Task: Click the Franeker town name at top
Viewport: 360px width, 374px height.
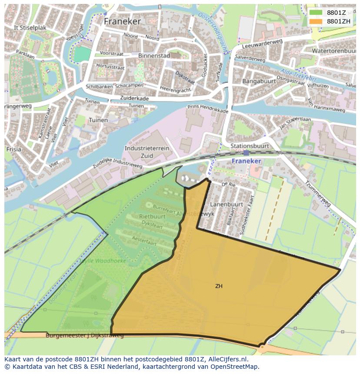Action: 122,21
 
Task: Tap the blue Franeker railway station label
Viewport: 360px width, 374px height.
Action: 246,161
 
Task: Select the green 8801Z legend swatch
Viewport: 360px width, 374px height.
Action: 316,13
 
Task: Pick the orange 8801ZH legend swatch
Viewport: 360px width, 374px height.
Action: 316,21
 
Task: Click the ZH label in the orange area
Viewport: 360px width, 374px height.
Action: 219,286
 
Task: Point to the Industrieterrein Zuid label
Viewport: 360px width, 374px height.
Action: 147,152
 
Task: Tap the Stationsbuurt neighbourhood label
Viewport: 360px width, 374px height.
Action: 250,146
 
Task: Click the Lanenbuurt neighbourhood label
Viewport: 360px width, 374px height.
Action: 226,204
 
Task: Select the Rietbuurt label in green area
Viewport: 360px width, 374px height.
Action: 152,216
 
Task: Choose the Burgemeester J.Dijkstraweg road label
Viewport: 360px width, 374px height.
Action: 85,335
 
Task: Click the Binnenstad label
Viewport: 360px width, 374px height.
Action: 153,56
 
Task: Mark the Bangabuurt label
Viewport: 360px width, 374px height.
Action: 259,81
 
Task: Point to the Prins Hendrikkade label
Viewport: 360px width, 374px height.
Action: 208,109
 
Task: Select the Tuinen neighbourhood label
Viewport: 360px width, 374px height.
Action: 98,120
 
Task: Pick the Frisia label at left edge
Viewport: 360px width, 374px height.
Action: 13,149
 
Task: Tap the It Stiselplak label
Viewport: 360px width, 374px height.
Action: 30,27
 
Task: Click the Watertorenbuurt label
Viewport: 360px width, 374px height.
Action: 334,51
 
